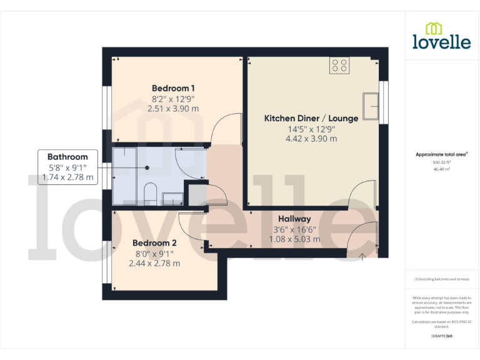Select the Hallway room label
[294, 219]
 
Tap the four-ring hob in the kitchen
[340, 66]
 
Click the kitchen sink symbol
[371, 105]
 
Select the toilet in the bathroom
[150, 194]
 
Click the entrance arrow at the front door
[362, 256]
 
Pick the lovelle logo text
[441, 42]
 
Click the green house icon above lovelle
[434, 27]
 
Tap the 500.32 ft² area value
[441, 162]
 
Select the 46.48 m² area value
[441, 169]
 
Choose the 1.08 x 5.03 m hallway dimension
[294, 239]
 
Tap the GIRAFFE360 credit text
[441, 336]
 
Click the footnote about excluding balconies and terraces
[441, 279]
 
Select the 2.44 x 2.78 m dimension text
[154, 263]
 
